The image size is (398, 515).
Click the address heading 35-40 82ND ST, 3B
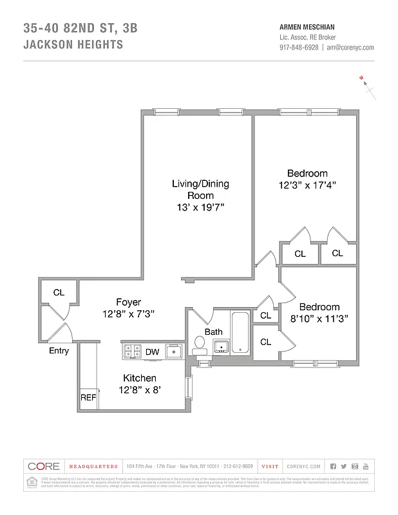tap(80, 28)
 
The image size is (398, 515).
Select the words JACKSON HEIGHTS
tap(72, 45)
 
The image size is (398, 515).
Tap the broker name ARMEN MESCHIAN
tap(307, 27)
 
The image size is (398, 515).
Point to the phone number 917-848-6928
tap(298, 47)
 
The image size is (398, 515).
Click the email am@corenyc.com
tap(350, 47)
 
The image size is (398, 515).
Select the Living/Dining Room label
tap(200, 189)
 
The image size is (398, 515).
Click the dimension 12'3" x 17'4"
tap(307, 184)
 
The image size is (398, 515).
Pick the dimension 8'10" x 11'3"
tap(318, 318)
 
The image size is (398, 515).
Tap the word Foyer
tap(128, 302)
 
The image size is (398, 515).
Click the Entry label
tap(59, 351)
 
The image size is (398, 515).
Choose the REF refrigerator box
tap(88, 398)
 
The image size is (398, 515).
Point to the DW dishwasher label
tap(152, 351)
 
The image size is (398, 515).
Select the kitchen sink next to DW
tap(174, 351)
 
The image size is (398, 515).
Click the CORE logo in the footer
tap(44, 466)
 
